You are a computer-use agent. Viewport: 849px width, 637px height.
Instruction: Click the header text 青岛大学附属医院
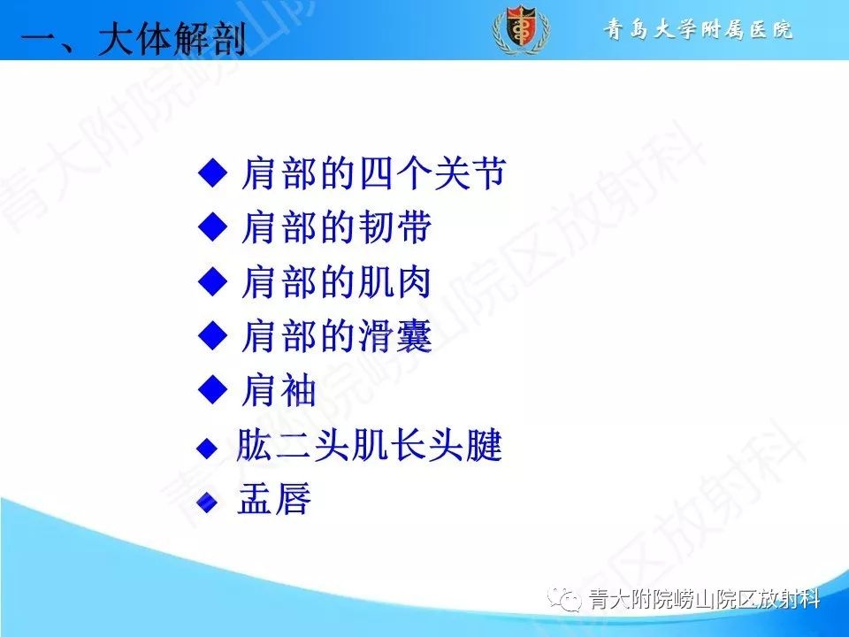699,30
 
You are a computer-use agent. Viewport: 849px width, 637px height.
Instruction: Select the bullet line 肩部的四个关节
372,174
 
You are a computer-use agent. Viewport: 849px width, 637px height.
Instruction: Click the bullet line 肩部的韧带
336,228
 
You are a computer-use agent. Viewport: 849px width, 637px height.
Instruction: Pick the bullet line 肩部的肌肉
336,282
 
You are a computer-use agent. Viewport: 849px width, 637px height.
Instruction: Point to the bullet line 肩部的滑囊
336,336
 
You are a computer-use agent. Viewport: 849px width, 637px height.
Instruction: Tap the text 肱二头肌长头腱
369,448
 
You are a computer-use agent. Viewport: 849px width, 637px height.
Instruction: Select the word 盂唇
275,501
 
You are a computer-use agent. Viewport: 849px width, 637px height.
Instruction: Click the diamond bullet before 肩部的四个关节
213,173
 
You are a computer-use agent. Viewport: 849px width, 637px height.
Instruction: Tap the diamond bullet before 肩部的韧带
213,227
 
